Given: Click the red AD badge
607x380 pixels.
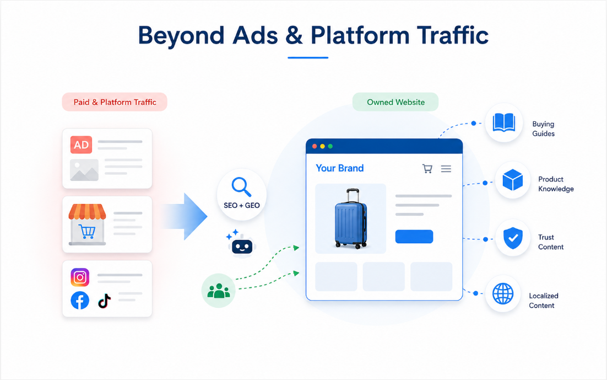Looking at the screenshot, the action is [x=81, y=144].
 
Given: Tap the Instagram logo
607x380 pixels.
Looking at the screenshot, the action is [x=80, y=277].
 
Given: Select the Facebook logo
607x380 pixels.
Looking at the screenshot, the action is [x=80, y=301].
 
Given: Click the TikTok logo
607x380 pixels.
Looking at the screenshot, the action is [x=105, y=301].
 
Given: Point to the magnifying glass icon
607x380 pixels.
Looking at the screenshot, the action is [x=241, y=187].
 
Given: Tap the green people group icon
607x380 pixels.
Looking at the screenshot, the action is [x=219, y=291].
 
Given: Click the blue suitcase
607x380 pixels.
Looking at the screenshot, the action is [x=350, y=219].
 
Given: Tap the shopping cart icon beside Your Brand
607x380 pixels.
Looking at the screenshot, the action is [x=427, y=169].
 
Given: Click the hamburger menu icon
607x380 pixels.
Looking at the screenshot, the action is [x=446, y=169].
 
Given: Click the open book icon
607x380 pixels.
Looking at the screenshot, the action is [x=503, y=123].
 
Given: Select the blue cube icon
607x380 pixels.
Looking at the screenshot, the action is [x=513, y=180].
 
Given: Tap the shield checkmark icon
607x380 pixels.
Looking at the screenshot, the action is [x=513, y=238].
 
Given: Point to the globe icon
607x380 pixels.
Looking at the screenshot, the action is [x=503, y=293].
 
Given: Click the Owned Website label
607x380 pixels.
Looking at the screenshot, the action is [x=395, y=102].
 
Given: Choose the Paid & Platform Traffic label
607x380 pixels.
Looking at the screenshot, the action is [x=115, y=102].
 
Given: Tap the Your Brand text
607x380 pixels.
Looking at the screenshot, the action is [x=339, y=168].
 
